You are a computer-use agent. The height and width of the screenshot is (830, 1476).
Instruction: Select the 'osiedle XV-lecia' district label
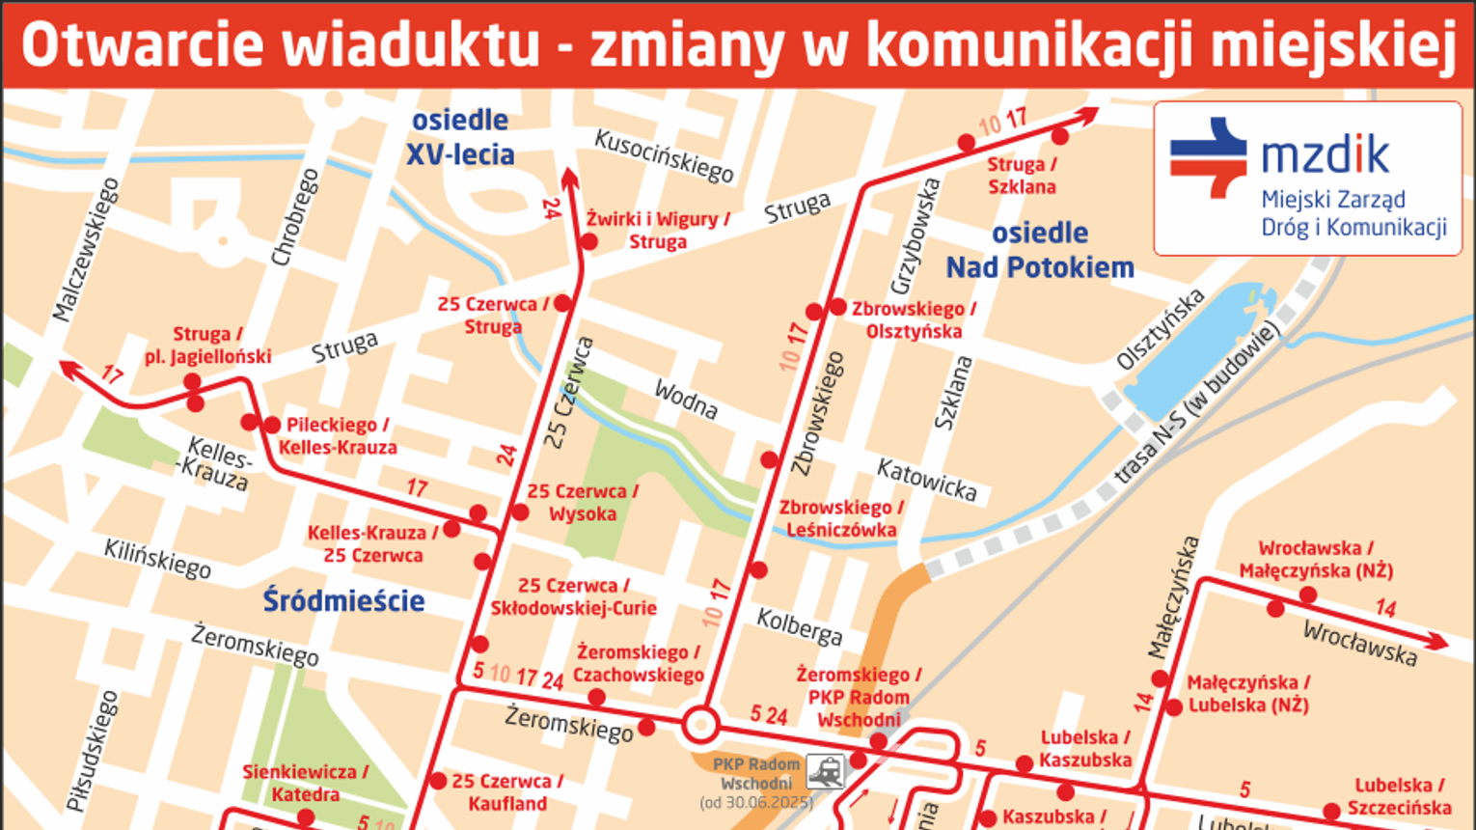pos(460,137)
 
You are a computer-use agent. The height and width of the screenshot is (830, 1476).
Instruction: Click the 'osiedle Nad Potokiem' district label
pos(1040,250)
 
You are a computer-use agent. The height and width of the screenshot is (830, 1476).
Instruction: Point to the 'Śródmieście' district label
pos(343,600)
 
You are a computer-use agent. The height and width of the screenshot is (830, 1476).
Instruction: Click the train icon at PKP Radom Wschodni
pos(826,771)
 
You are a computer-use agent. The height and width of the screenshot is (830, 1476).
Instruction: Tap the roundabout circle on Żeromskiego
pos(701,725)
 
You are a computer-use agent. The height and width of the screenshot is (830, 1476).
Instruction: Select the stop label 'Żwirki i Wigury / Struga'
pos(658,230)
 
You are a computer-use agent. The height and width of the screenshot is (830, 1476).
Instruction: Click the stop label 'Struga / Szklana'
pos(1022,176)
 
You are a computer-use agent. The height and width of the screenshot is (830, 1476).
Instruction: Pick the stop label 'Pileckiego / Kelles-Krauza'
pos(338,436)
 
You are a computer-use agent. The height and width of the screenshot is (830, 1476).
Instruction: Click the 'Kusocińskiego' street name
pos(665,155)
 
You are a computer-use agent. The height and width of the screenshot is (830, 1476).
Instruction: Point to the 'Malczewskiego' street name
pos(87,249)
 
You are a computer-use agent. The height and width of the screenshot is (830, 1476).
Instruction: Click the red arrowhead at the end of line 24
pos(569,177)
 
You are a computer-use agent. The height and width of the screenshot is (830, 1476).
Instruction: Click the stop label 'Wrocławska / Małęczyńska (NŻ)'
pos(1316,560)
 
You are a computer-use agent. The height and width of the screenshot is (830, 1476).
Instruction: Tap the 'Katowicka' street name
pos(926,480)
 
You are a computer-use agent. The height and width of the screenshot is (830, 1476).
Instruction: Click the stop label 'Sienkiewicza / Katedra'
pos(305,783)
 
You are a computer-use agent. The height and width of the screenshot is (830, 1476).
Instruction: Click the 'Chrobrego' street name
pos(295,217)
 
